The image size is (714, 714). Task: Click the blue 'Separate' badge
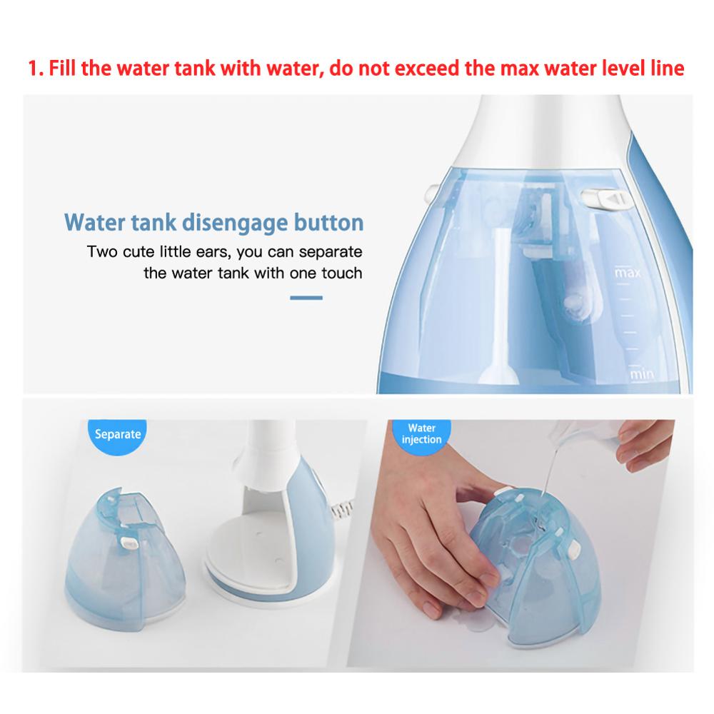pyautogui.click(x=117, y=433)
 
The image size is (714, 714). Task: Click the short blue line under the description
pyautogui.click(x=306, y=298)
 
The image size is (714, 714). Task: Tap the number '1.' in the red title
pyautogui.click(x=37, y=69)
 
